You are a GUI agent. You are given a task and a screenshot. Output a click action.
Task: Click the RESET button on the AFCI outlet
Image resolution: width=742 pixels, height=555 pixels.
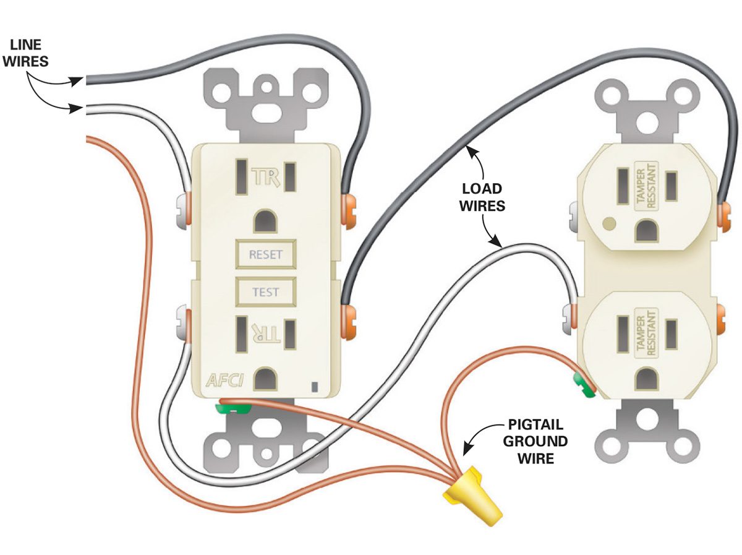[x=265, y=254]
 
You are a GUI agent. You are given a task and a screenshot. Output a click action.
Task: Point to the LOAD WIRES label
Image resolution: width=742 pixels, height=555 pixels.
[x=482, y=197]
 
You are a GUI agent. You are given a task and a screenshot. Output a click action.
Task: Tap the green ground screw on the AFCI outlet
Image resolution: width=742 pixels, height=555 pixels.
[x=232, y=408]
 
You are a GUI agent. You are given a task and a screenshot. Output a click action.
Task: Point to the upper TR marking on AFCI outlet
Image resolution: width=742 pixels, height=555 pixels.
[x=267, y=178]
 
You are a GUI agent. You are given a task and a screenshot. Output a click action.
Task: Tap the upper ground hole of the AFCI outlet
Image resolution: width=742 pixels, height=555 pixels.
[x=266, y=221]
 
